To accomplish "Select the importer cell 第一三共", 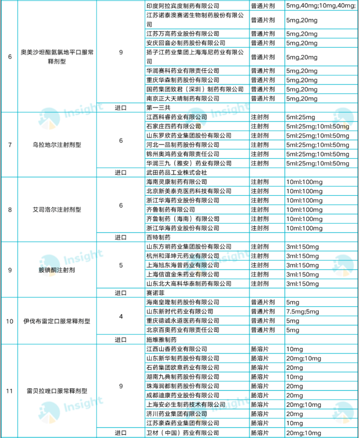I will [158, 107].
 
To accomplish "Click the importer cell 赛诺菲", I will [154, 293].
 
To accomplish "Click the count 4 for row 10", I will [121, 316].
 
